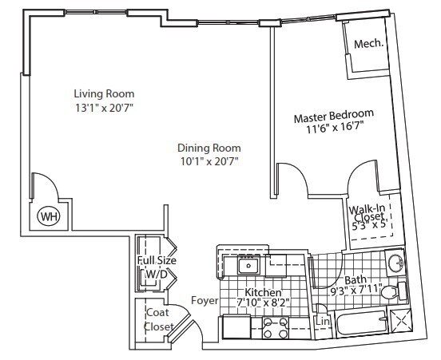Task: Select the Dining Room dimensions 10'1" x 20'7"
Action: click(x=209, y=161)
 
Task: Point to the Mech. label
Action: click(x=368, y=44)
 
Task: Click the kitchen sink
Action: click(x=249, y=266)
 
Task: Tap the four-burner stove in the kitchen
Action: click(x=276, y=328)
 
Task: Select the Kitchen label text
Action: click(x=262, y=291)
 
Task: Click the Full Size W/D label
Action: click(x=156, y=267)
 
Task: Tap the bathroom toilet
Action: click(x=390, y=295)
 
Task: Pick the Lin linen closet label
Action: click(x=322, y=322)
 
